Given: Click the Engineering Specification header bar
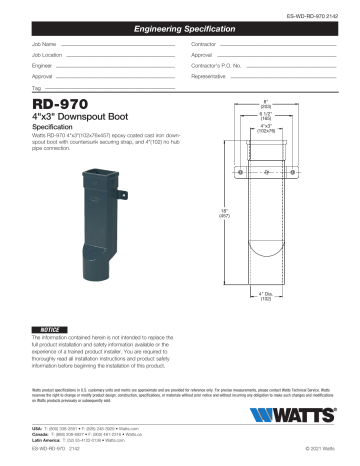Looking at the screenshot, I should tap(180, 32).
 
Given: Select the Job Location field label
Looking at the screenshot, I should tap(48, 60).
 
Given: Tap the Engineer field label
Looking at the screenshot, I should tap(44, 74).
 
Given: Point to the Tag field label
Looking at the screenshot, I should tap(37, 102).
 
